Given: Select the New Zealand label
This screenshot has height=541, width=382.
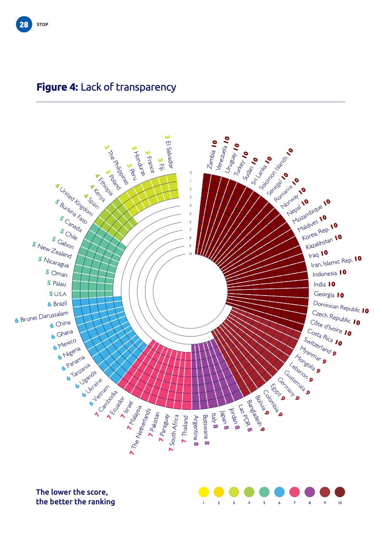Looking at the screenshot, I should pyautogui.click(x=54, y=251).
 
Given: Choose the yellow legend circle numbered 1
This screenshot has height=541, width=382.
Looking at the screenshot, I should pyautogui.click(x=203, y=492).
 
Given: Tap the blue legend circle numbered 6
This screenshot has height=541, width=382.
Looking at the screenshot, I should pyautogui.click(x=279, y=492).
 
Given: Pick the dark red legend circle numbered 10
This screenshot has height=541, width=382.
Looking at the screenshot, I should pyautogui.click(x=340, y=492).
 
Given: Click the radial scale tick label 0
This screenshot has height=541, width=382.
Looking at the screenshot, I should pyautogui.click(x=191, y=172).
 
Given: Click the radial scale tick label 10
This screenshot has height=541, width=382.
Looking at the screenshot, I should pyautogui.click(x=190, y=254).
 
